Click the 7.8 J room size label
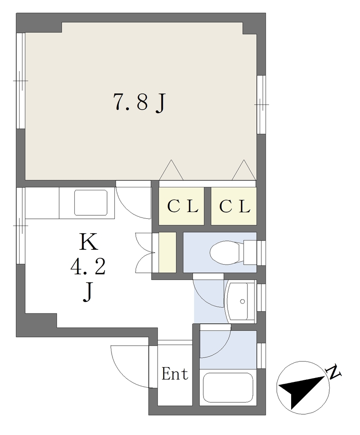(139, 103)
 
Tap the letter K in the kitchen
(89, 242)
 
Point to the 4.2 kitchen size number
(88, 267)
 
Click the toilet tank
(250, 252)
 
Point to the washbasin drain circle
(242, 302)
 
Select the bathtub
(228, 388)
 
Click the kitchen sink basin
(91, 203)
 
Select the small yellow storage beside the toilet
(167, 252)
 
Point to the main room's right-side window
(261, 105)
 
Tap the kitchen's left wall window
(21, 226)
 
